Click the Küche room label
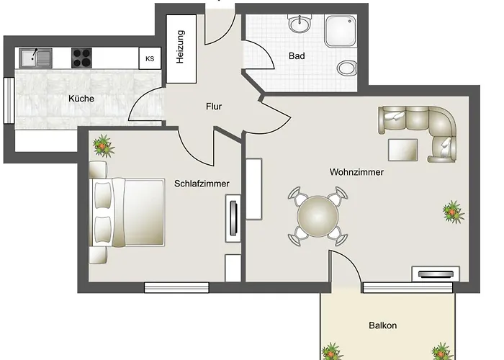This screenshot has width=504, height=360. (x=81, y=99)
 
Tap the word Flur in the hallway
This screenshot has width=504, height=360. (x=214, y=107)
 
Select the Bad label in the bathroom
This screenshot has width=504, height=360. (x=297, y=56)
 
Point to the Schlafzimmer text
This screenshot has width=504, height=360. (x=202, y=184)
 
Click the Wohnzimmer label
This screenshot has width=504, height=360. (x=356, y=172)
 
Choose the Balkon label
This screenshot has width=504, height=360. (x=382, y=325)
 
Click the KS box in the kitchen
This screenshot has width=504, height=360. (x=150, y=58)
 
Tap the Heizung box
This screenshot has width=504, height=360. (x=181, y=48)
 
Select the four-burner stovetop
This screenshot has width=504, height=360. (x=81, y=58)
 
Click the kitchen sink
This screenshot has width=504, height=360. (x=36, y=58)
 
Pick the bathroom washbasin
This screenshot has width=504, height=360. (x=300, y=24)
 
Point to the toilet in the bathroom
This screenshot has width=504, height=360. (x=347, y=68)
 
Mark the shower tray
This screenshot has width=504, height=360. (x=341, y=31)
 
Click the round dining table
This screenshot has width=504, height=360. (x=318, y=216)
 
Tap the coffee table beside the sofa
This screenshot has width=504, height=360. (x=402, y=150)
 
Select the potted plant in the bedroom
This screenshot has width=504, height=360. (x=103, y=146)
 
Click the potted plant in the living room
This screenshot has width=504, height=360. (x=453, y=212)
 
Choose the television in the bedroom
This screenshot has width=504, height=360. (x=233, y=218)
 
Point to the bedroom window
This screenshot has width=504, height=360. (x=176, y=287)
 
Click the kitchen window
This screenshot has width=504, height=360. (x=9, y=100)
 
